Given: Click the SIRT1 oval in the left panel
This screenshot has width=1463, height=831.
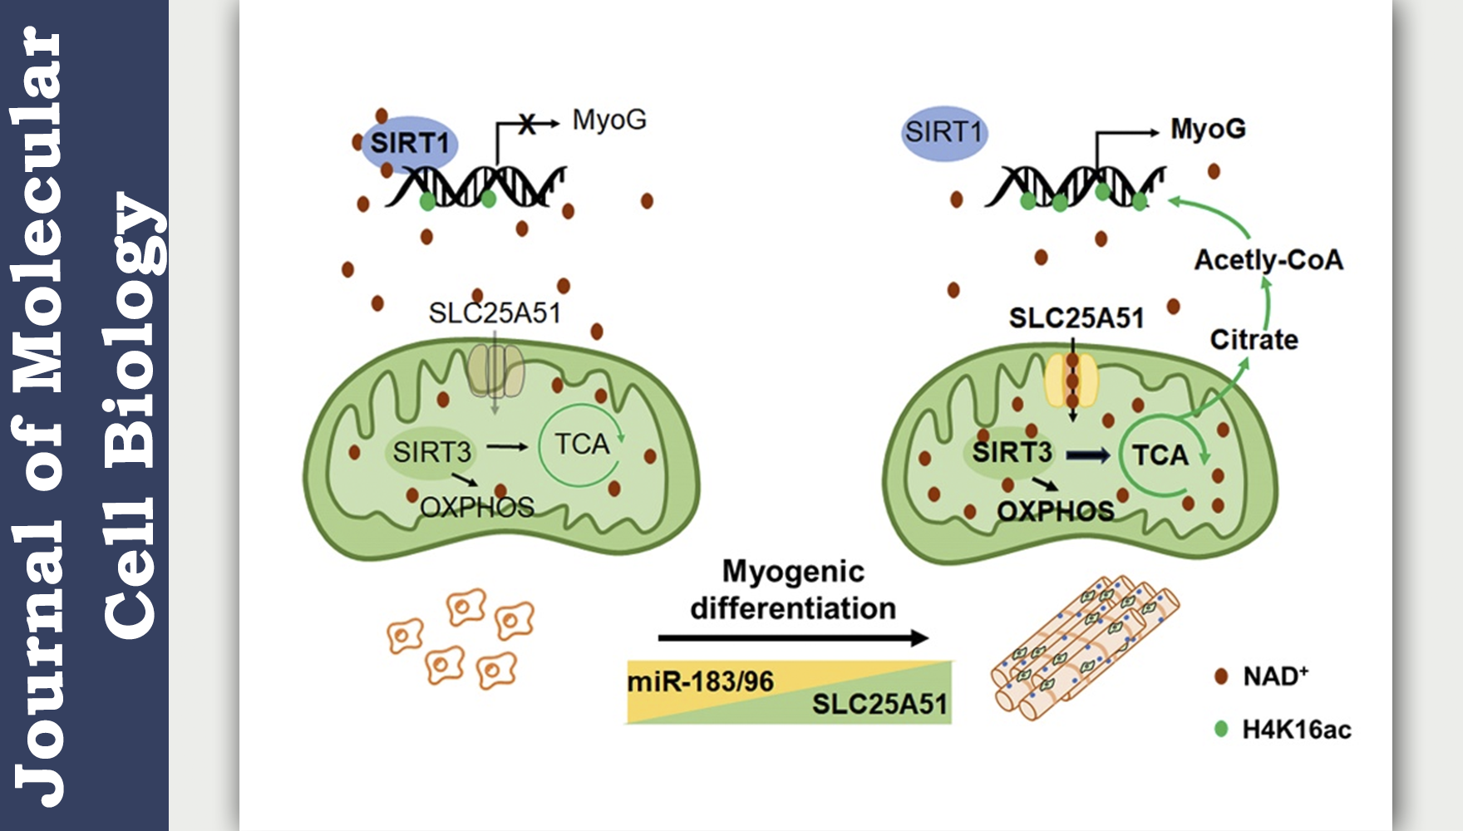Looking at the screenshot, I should tap(409, 143).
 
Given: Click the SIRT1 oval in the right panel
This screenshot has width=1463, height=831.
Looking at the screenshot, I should tap(943, 132).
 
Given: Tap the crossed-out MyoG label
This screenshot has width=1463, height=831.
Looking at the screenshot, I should tap(609, 120).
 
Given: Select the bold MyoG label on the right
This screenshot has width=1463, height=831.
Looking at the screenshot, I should tap(1208, 129).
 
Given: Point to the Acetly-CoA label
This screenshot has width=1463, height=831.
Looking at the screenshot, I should tap(1268, 260).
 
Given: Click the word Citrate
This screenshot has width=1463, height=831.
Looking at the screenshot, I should tap(1254, 339).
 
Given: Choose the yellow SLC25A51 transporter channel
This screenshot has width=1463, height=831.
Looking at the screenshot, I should tap(1071, 380).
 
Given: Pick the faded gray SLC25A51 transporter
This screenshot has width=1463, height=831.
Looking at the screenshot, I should tap(495, 371).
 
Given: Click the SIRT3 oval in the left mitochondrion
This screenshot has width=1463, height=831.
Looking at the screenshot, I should tap(431, 452).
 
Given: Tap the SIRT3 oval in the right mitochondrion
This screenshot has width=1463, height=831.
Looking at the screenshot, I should tap(1012, 452).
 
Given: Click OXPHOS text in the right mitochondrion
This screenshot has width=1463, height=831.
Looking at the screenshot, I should tap(1055, 510).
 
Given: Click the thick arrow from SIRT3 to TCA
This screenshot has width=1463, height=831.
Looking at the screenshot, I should tap(1088, 455).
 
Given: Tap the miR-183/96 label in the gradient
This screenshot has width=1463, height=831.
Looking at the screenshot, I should tap(700, 681).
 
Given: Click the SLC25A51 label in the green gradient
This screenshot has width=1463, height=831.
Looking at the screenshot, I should tap(879, 704).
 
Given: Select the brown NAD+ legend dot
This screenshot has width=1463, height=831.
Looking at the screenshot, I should tap(1221, 676).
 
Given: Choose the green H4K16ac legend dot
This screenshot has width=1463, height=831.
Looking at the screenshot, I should tap(1221, 729).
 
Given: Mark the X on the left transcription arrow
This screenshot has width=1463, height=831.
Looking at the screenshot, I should tap(526, 125).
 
